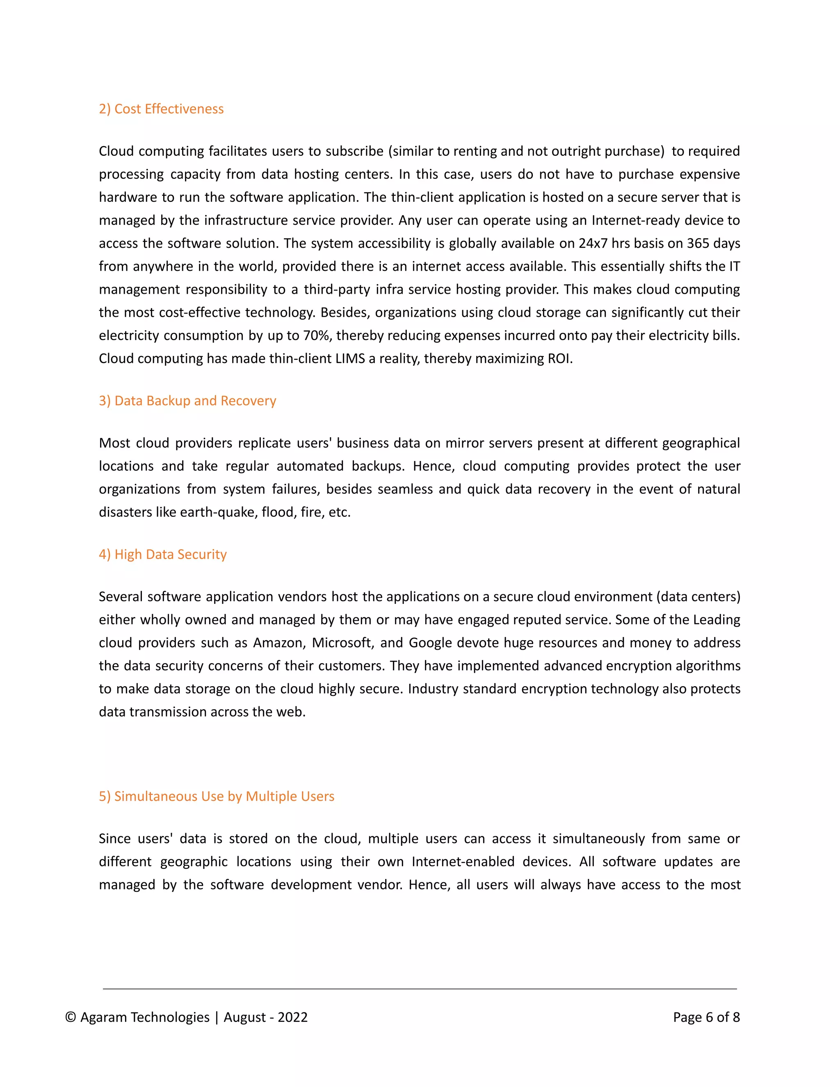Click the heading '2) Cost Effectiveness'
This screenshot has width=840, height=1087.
tap(161, 109)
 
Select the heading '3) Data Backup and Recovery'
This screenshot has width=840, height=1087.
tap(187, 401)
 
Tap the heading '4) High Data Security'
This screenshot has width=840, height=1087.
tap(163, 555)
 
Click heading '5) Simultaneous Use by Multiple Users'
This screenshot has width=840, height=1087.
tap(217, 796)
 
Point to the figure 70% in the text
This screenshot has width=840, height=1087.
tap(317, 336)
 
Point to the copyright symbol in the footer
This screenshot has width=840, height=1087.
tap(71, 1017)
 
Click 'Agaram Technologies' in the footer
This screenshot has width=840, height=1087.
tap(145, 1017)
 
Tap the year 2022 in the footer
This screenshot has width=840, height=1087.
tap(292, 1017)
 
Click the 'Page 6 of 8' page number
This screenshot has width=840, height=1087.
tap(706, 1017)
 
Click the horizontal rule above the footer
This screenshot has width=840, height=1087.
tap(420, 989)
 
